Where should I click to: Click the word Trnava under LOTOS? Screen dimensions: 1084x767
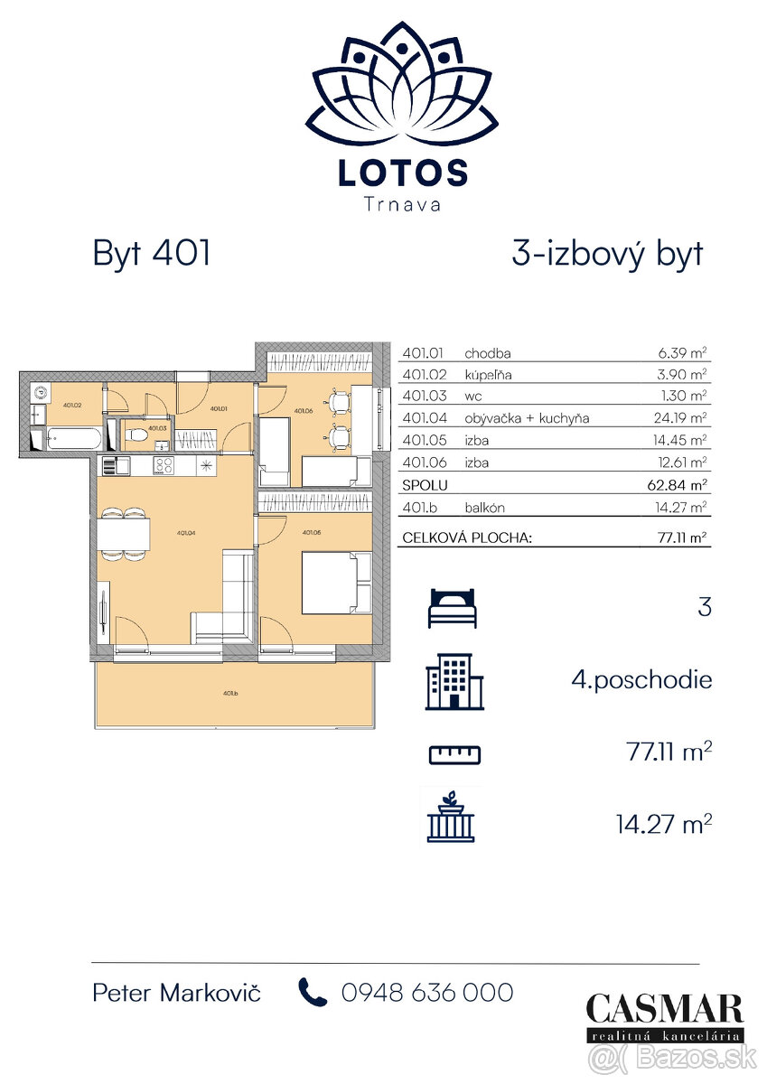(403, 204)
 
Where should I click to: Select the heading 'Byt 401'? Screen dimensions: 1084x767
(152, 254)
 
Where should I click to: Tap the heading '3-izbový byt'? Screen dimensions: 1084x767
(606, 254)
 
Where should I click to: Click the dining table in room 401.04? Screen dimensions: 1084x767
(124, 536)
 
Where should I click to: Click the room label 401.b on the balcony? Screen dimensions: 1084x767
(230, 694)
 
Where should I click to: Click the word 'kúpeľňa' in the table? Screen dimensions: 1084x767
(488, 375)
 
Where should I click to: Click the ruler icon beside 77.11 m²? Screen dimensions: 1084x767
(454, 753)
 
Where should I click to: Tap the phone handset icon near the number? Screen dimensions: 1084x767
(313, 993)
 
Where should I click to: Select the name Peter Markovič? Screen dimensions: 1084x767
(177, 993)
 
